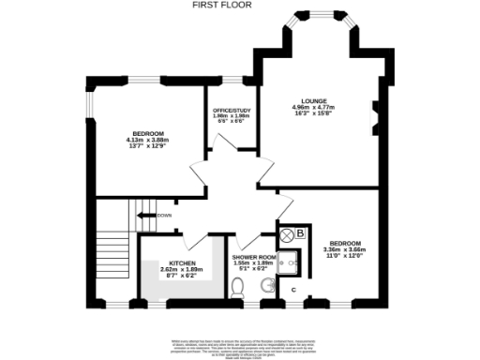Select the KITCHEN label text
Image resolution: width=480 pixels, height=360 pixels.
pos(182,262)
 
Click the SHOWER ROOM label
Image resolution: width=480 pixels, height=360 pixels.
pos(254,257)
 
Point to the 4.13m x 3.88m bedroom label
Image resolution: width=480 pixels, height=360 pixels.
pos(144,135)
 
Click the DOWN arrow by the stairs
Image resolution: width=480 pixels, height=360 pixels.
pos(149,216)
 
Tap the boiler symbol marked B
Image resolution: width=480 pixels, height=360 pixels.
pos(300,232)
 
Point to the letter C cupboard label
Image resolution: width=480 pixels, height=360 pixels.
pos(292,290)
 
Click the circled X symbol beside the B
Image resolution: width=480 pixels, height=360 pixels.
pos(286,233)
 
